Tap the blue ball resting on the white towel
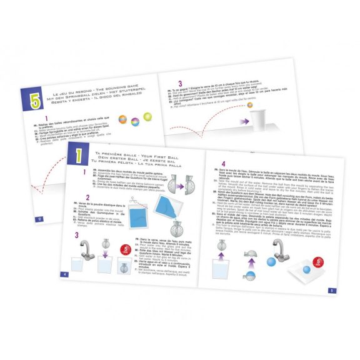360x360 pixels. click(x=306, y=269)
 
